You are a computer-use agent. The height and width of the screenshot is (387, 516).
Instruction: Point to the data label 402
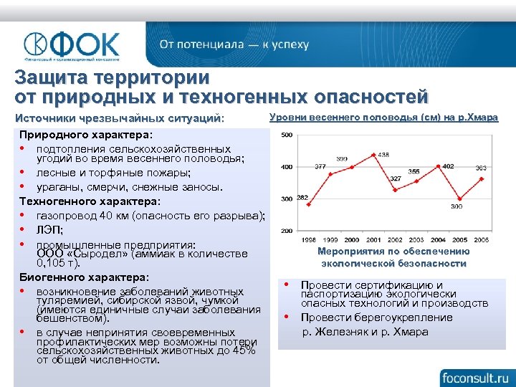pyautogui.click(x=448, y=166)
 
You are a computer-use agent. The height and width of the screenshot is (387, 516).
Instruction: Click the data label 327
pyautogui.click(x=395, y=178)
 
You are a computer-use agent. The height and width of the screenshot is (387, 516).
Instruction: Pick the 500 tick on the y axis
pyautogui.click(x=287, y=135)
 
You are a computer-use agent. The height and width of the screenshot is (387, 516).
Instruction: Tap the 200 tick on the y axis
pyautogui.click(x=287, y=231)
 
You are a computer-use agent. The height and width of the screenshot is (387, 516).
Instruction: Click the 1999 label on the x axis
pyautogui.click(x=330, y=239)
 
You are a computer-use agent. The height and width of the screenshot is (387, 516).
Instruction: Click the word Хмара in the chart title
pyautogui.click(x=479, y=118)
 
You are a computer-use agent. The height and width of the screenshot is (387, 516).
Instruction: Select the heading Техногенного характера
pyautogui.click(x=90, y=202)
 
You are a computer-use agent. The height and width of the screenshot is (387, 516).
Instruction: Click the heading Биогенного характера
pyautogui.click(x=84, y=277)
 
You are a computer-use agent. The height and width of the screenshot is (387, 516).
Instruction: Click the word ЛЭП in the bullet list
pyautogui.click(x=49, y=230)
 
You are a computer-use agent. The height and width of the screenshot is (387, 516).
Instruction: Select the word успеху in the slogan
pyautogui.click(x=288, y=44)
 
